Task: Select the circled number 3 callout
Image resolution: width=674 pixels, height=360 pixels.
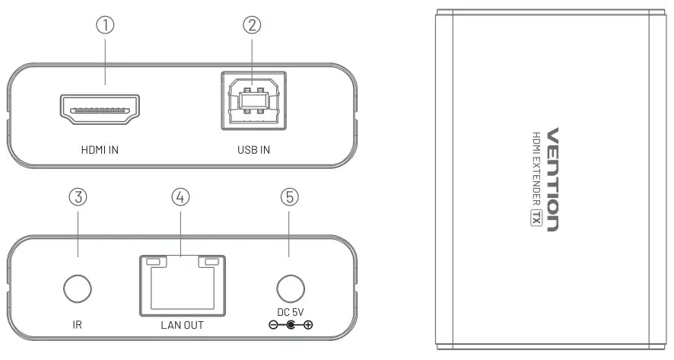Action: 78,197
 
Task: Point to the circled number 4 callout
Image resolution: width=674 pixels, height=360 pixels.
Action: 180,197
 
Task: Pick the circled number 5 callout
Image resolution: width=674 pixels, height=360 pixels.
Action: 290,197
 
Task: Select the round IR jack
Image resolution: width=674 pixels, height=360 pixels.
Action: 78,289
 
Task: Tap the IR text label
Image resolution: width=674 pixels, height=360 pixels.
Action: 78,326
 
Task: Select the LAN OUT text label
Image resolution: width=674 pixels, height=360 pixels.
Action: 183,326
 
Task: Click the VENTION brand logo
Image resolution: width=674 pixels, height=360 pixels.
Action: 553,178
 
